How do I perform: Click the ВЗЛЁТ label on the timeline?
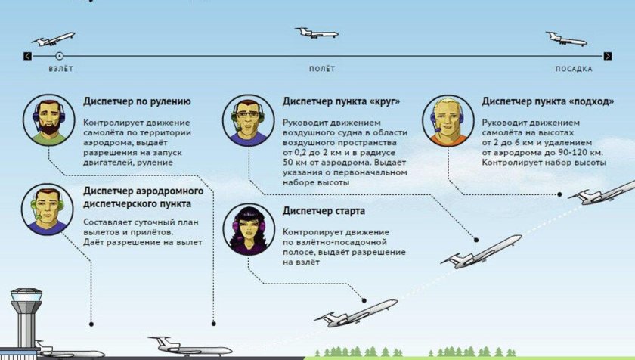coord(60,69)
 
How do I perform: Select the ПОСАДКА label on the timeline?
coord(574,69)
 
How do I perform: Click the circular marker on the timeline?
coord(60,55)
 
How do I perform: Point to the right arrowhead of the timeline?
coord(608,55)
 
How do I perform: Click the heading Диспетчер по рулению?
coord(137,101)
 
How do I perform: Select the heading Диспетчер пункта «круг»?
coord(341,101)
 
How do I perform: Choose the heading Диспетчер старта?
coord(324,210)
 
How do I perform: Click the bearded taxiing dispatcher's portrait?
coord(48,121)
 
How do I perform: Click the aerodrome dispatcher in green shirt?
coord(48,209)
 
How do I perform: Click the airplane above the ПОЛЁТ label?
coord(317,33)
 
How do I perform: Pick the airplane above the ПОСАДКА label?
coord(567,38)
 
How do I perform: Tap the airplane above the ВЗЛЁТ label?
coord(54,39)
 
